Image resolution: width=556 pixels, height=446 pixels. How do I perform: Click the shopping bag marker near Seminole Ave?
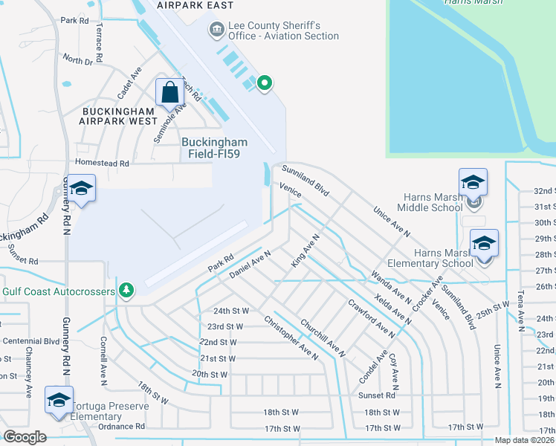[x=170, y=93]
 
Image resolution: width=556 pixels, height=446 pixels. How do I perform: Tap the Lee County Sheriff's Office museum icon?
[x=217, y=30]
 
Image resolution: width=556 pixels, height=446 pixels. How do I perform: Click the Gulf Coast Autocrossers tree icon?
[x=127, y=289]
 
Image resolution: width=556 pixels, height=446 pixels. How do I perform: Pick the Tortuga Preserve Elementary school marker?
[x=59, y=400]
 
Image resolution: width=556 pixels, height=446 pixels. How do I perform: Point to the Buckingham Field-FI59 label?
[x=215, y=147]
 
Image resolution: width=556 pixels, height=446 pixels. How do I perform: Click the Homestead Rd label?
[x=101, y=163]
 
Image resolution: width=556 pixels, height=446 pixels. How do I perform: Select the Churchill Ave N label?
[x=322, y=338]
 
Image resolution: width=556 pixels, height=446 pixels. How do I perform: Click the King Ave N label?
[x=305, y=251]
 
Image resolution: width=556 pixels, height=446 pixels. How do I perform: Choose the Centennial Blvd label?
[x=30, y=341]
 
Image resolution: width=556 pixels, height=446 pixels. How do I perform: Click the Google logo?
[x=25, y=436]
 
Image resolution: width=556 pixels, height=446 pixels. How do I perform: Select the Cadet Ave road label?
[x=129, y=84]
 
